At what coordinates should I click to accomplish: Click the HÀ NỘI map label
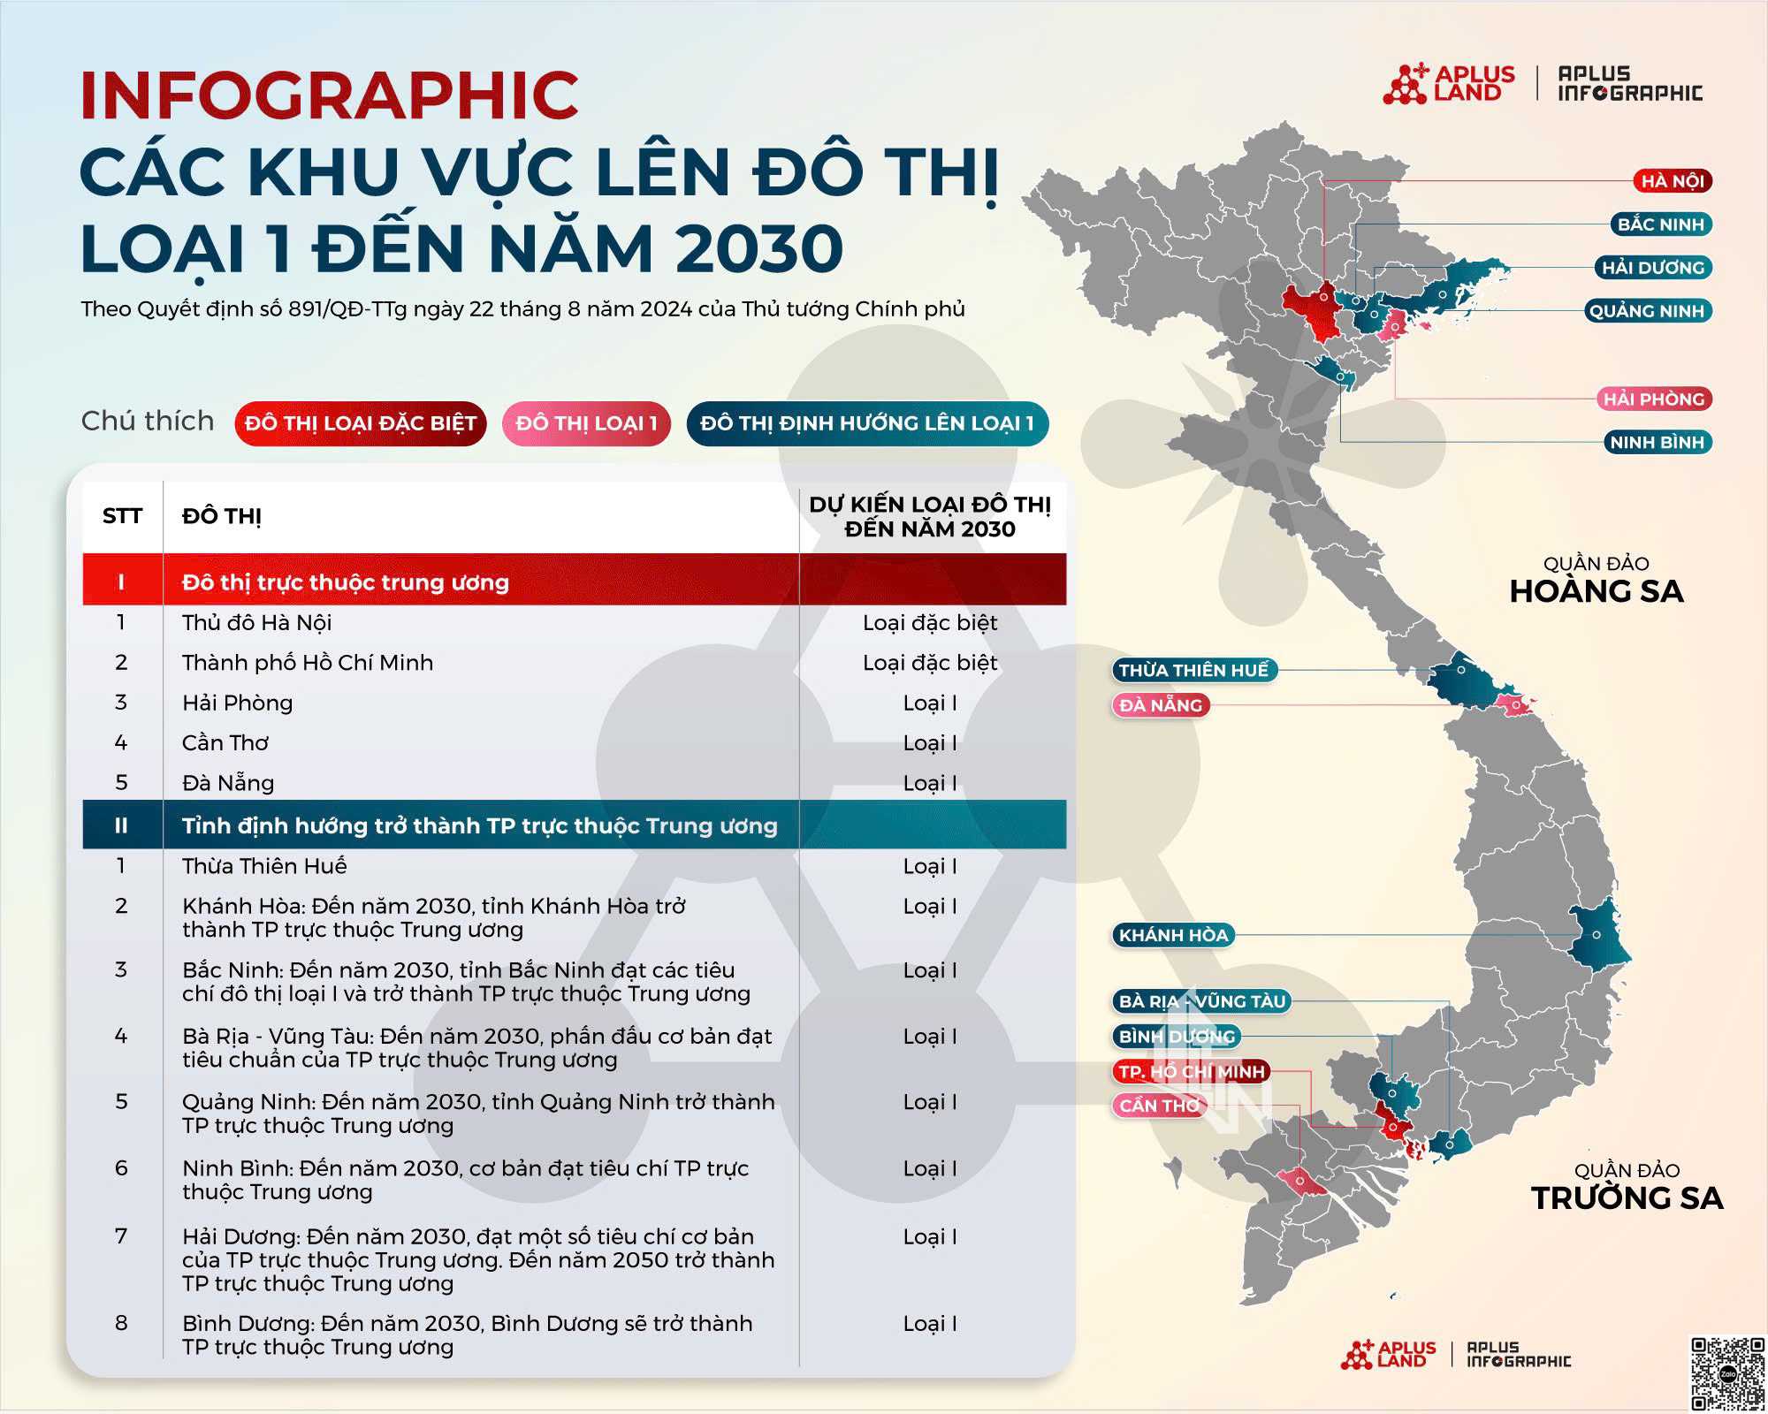pos(1672,181)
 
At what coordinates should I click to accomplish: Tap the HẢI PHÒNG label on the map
pos(1653,399)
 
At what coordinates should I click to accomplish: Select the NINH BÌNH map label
pos(1657,442)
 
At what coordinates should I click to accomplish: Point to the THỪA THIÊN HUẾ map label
pos(1193,670)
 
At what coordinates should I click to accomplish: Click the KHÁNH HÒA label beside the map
pos(1173,935)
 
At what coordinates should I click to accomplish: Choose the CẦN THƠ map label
pos(1159,1106)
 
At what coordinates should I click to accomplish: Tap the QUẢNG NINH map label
pos(1647,311)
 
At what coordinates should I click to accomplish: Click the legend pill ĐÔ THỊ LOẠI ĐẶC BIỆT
pos(361,423)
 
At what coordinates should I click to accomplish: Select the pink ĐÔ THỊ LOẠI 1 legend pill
pos(586,423)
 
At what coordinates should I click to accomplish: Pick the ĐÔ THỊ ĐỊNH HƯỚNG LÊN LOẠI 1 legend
pos(867,423)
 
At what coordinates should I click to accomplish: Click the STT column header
pos(122,516)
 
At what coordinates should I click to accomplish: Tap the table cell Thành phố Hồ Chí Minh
pos(308,663)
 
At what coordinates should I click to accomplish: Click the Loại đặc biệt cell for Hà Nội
pos(930,623)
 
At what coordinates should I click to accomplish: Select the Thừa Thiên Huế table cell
pos(264,866)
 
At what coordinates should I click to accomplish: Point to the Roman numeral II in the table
pos(121,825)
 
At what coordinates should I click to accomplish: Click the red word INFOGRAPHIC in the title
pos(329,95)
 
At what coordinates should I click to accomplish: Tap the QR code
pos(1726,1372)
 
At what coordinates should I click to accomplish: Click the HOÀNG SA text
pos(1596,591)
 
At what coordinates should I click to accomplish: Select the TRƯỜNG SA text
pos(1627,1198)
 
